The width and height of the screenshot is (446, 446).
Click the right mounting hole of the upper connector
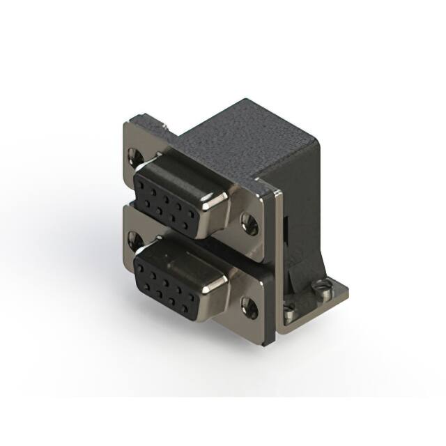249,224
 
